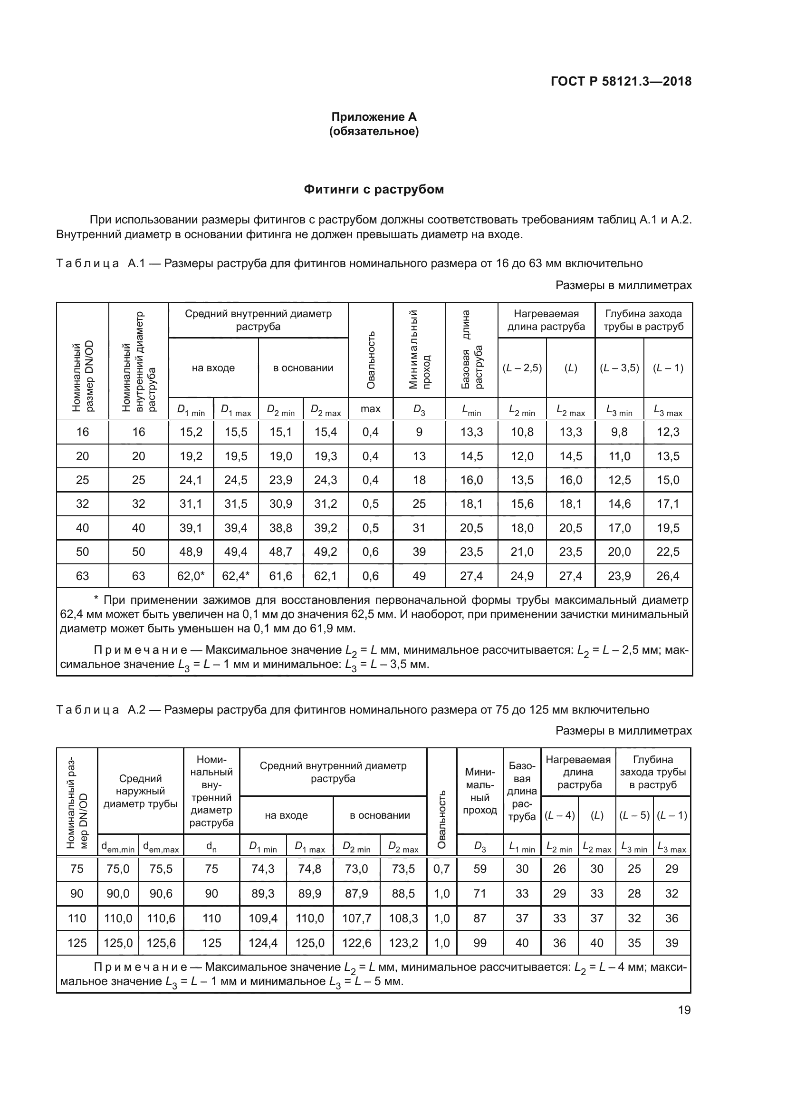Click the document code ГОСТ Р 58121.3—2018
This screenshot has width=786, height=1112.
click(x=621, y=81)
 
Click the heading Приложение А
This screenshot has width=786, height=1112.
click(x=374, y=117)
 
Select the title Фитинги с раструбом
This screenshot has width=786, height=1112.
click(x=374, y=189)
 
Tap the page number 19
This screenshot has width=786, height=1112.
click(x=684, y=1010)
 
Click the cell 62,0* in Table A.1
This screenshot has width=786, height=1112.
click(x=191, y=576)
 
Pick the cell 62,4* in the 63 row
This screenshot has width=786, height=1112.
click(x=236, y=576)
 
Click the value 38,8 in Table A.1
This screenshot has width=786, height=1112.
click(x=281, y=528)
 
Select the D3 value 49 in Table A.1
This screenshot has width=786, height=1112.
click(x=419, y=576)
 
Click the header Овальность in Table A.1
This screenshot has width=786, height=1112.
click(x=371, y=360)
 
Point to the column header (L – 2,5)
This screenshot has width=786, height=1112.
click(x=522, y=368)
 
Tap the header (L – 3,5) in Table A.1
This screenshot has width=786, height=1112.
click(x=620, y=368)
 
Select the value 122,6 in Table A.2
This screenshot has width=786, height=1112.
click(x=357, y=943)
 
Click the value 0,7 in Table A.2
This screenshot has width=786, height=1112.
click(x=441, y=869)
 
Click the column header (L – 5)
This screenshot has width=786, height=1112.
click(x=634, y=815)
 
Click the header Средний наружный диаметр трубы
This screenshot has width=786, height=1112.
click(x=140, y=791)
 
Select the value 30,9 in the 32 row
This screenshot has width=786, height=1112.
click(x=281, y=503)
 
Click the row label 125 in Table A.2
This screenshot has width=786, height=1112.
click(x=77, y=943)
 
